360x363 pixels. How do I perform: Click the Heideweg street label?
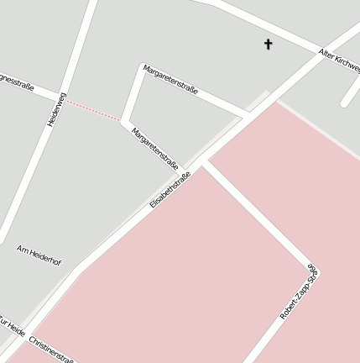(x=56, y=110)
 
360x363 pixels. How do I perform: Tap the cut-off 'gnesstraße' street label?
(x=17, y=82)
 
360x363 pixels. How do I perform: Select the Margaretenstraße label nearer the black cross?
(x=170, y=79)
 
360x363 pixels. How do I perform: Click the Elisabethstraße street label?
(x=170, y=190)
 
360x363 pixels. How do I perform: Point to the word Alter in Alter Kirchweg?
(x=327, y=54)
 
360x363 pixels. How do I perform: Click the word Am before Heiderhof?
(x=23, y=249)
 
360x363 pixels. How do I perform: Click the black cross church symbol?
(x=269, y=44)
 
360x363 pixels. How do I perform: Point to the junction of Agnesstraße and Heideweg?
(x=64, y=96)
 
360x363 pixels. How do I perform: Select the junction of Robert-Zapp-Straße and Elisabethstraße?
(x=204, y=161)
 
